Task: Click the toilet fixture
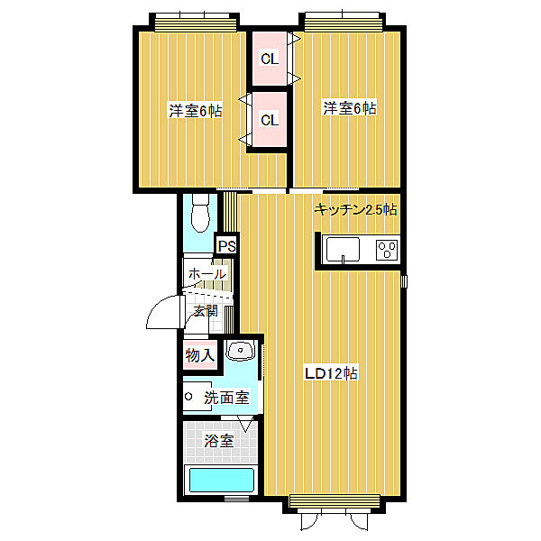[x=200, y=213]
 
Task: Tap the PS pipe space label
[x=227, y=246]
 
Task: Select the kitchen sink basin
[x=343, y=250]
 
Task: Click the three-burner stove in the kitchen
[x=387, y=250]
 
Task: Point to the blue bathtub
[x=220, y=480]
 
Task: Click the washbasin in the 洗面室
[x=241, y=351]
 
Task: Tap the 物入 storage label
[x=200, y=355]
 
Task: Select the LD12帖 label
[x=331, y=373]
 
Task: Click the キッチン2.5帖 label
[x=356, y=209]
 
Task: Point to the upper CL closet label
[x=270, y=59]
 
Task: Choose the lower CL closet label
[x=270, y=120]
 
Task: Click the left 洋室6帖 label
[x=196, y=111]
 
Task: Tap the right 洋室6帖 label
[x=349, y=108]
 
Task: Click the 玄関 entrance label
[x=206, y=311]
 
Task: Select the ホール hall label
[x=207, y=274]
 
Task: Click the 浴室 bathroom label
[x=219, y=441]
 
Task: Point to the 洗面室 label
[x=226, y=398]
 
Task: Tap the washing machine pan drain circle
[x=188, y=396]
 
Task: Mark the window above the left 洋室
[x=194, y=23]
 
